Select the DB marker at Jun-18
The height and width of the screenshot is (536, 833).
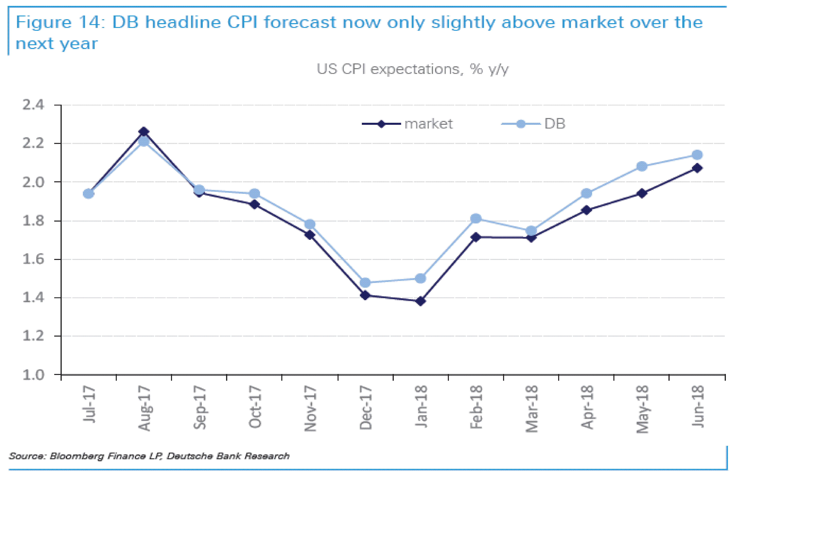[x=697, y=155]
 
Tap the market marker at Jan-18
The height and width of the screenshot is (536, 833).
[x=421, y=301]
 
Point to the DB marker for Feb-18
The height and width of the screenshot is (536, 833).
[x=476, y=219]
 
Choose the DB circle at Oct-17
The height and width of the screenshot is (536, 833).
[x=254, y=194]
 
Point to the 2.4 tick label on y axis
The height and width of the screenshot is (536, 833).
[x=33, y=105]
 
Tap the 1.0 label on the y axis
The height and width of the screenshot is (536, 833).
[x=33, y=375]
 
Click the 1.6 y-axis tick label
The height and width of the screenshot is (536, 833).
[x=33, y=259]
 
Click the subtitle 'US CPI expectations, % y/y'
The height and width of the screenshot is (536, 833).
[x=412, y=69]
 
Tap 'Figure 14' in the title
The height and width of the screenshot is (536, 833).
[x=60, y=23]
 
